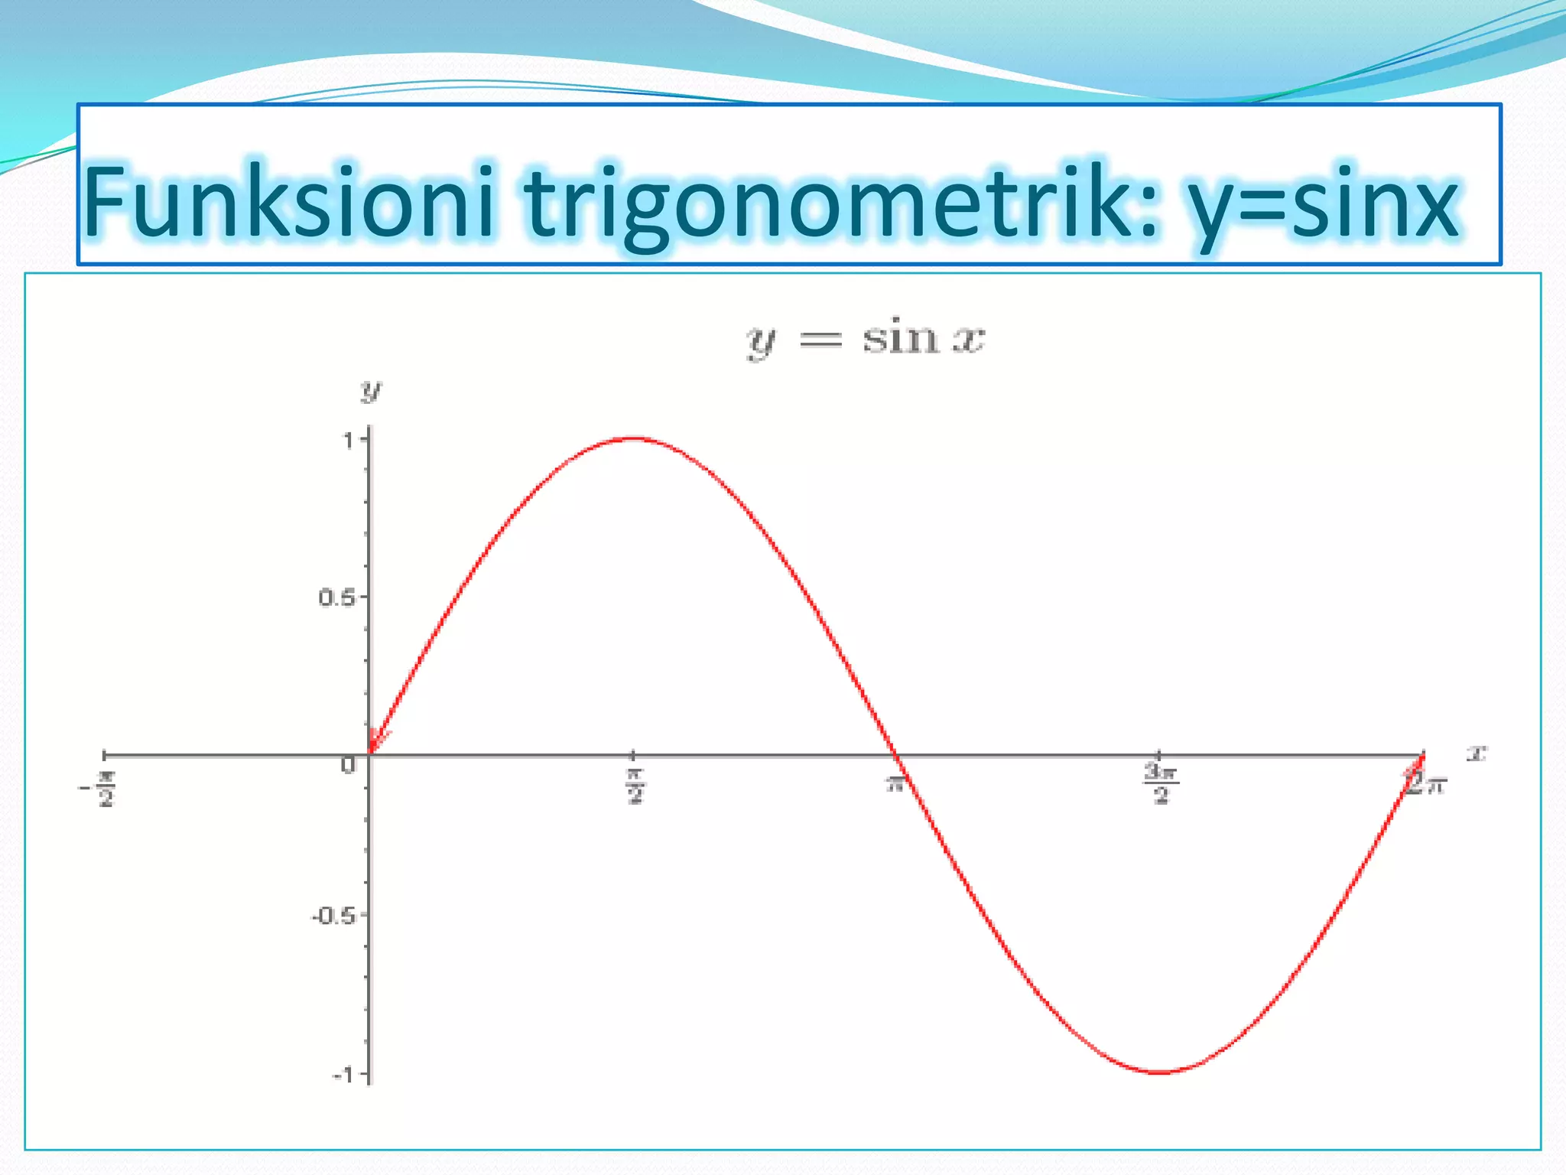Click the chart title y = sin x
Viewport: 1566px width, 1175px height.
[x=866, y=338]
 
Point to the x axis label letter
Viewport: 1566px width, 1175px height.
[x=1476, y=753]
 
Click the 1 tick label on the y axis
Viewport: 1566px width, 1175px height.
[x=349, y=441]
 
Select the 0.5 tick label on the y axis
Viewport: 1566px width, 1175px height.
[x=336, y=598]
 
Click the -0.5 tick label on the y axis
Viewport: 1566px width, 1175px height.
[x=333, y=916]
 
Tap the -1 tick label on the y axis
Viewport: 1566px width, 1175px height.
[x=343, y=1076]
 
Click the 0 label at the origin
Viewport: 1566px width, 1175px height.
[x=349, y=765]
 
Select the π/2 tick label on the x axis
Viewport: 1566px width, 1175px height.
[x=635, y=786]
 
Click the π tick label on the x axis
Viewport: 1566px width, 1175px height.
[x=895, y=783]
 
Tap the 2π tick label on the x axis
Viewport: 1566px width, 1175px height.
[x=1427, y=783]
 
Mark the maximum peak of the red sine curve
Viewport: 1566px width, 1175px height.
[x=635, y=438]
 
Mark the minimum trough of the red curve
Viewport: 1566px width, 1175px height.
[x=1161, y=1072]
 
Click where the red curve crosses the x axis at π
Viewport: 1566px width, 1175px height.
[x=898, y=755]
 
